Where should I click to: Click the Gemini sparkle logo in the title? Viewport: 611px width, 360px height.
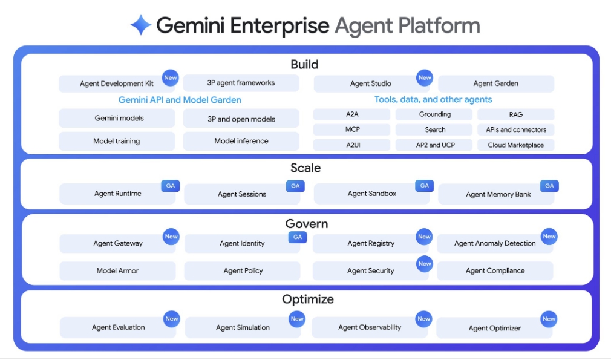[141, 25]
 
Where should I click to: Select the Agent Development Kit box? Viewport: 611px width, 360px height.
[116, 83]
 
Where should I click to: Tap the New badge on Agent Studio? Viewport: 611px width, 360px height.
[425, 77]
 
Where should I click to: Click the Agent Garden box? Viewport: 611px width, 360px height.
[495, 83]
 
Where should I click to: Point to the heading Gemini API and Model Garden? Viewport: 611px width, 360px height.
[180, 100]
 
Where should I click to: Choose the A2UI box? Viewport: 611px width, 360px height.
[352, 145]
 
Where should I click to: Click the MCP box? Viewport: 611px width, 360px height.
[352, 129]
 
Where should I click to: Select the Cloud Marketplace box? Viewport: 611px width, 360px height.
[515, 145]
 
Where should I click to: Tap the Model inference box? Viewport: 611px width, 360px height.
[241, 141]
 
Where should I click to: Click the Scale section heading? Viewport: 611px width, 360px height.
[305, 168]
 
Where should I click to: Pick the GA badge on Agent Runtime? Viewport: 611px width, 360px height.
[171, 186]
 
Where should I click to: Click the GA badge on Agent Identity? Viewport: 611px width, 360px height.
[297, 237]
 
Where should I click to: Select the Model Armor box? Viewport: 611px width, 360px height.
[117, 270]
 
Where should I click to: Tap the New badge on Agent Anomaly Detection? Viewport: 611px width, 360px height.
[549, 237]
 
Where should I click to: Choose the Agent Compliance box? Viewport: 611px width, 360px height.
[495, 270]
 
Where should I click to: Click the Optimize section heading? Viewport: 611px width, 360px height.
[307, 299]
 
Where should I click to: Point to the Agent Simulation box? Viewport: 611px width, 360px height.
[242, 327]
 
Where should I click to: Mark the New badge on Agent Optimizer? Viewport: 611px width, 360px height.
[549, 319]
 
